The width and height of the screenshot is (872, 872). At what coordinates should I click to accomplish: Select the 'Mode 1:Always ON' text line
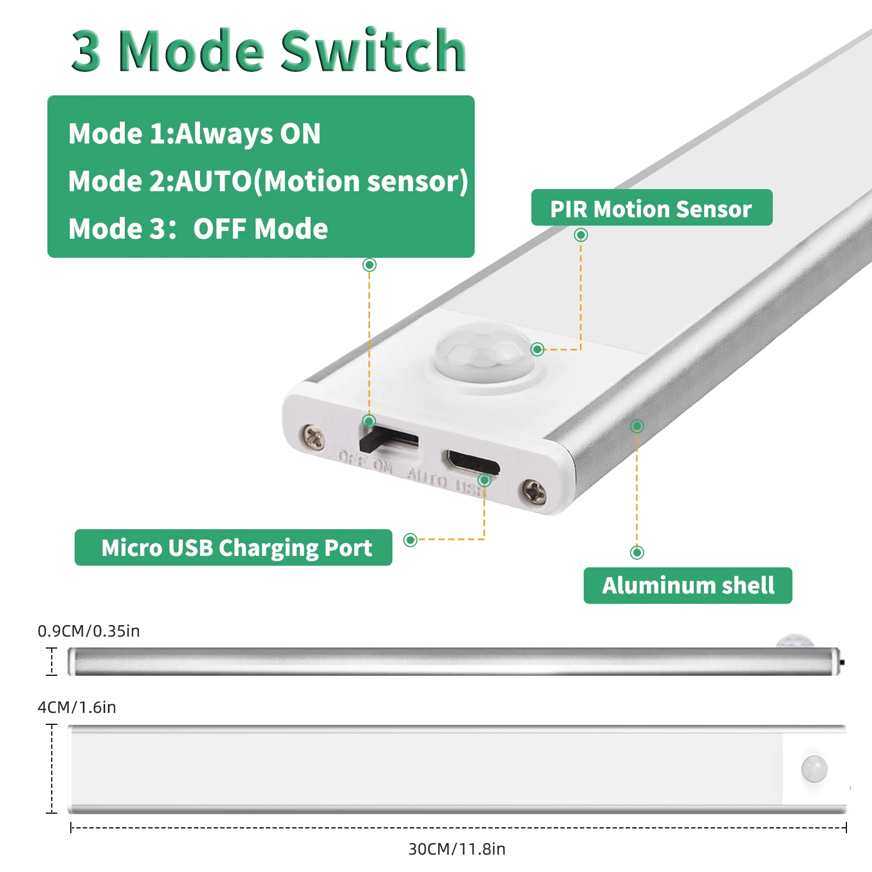pos(195,134)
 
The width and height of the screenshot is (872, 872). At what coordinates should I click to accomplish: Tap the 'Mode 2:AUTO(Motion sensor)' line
pos(268,181)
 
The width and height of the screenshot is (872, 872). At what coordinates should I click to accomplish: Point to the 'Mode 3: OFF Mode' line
pos(198,229)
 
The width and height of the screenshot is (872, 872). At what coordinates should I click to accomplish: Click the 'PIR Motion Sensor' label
pos(651,209)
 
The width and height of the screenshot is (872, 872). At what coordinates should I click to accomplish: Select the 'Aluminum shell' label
pos(688,585)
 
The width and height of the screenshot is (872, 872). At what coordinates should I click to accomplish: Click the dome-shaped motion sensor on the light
pos(482,351)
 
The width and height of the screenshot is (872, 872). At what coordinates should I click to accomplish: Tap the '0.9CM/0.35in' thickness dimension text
pos(89,631)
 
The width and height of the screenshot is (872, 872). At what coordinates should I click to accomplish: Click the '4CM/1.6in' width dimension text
pos(77,707)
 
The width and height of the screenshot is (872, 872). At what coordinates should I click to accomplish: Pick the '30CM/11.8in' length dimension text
pos(457,849)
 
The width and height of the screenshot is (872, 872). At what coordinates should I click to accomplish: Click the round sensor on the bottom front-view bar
pos(814,769)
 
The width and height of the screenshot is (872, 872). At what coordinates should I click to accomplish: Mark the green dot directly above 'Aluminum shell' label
pos(637,553)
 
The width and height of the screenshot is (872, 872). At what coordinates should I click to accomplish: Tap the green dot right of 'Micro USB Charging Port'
pos(410,540)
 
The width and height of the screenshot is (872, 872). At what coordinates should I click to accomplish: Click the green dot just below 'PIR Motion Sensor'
pos(581,235)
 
